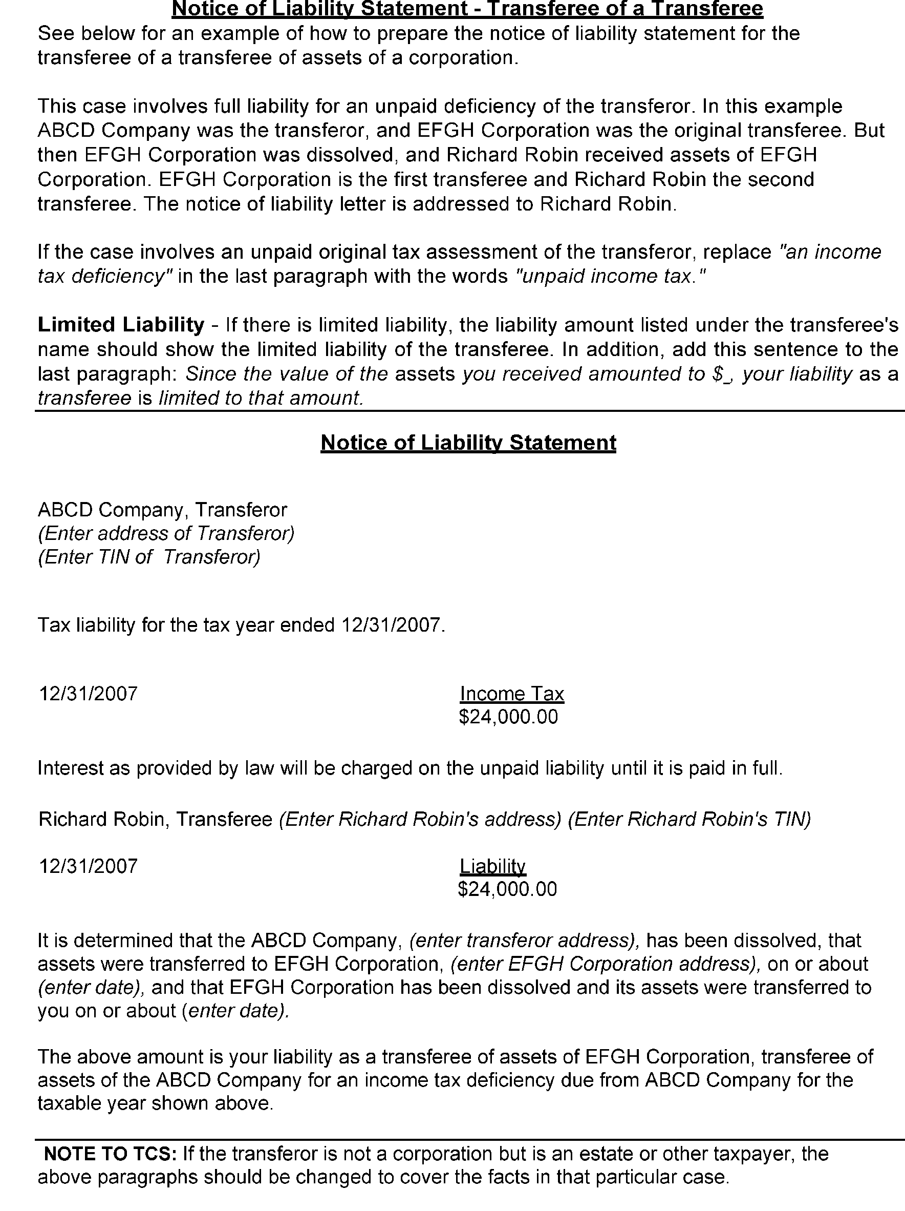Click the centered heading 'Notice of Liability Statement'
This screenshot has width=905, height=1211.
coord(468,443)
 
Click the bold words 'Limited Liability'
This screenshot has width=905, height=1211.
coord(120,325)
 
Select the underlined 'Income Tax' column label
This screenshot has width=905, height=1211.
coord(511,694)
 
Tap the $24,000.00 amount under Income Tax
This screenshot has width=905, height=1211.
coord(508,717)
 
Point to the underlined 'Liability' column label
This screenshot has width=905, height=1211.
coord(492,866)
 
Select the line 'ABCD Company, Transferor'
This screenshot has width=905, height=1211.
coord(162,510)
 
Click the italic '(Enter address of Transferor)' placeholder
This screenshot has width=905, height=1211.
coord(166,533)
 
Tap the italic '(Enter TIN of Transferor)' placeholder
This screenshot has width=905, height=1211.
coord(149,557)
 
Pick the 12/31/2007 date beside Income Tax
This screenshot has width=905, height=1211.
coord(88,694)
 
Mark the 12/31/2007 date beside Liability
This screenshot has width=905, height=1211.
coord(88,866)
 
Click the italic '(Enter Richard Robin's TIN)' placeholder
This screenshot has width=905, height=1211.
coord(689,819)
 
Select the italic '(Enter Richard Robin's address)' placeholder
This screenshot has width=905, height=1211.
coord(420,819)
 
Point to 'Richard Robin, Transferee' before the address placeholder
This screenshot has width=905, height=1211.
coord(156,819)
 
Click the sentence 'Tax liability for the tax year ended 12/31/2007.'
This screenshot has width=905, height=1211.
coord(241,624)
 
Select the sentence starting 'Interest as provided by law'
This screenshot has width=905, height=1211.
coord(411,768)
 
